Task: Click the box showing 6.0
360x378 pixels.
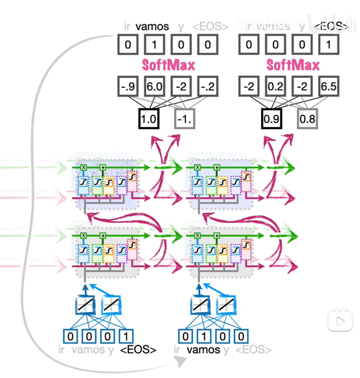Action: [x=153, y=87]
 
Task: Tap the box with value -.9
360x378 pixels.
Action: [x=127, y=87]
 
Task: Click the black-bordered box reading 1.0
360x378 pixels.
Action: [x=148, y=120]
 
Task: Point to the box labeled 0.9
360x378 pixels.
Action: [x=271, y=120]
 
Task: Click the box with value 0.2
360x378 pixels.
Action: [x=275, y=87]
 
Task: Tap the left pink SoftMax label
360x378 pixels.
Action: [x=168, y=65]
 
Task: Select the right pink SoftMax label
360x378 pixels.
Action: [x=292, y=65]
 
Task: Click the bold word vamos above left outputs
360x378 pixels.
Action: [x=152, y=26]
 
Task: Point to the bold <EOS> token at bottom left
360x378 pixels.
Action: [x=138, y=350]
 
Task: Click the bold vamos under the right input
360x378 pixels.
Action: [x=203, y=350]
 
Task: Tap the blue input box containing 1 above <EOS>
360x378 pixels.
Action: [x=128, y=336]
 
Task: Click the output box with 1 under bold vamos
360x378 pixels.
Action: [x=154, y=45]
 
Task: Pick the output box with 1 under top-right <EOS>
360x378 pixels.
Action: [x=328, y=45]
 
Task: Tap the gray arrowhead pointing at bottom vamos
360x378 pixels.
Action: [x=178, y=364]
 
